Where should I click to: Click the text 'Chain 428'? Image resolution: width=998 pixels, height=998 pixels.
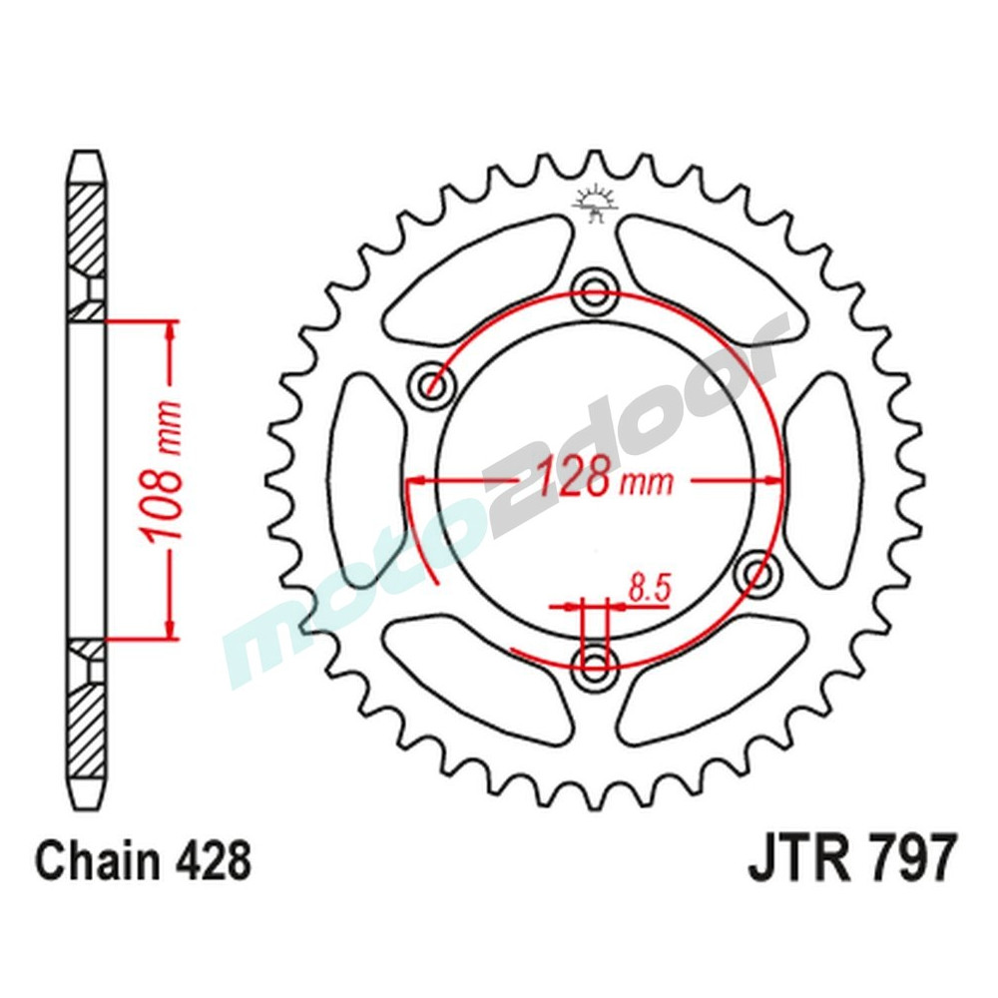pos(143,859)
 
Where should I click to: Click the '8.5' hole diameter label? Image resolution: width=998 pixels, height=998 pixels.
pos(648,588)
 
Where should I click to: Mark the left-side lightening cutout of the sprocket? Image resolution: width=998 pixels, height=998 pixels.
pos(368,479)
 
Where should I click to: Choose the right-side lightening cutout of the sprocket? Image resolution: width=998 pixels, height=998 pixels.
pos(822,479)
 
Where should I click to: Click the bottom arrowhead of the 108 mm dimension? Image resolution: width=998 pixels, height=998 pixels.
pos(171,627)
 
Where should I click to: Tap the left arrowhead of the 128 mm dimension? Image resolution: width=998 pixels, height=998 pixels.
pos(417,481)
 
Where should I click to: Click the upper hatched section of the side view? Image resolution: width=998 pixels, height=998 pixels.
pos(87,230)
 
